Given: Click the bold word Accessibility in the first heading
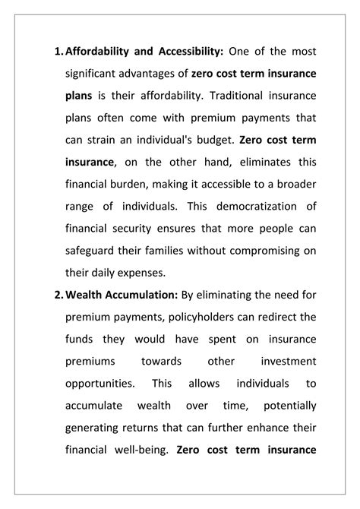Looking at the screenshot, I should (x=186, y=52).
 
